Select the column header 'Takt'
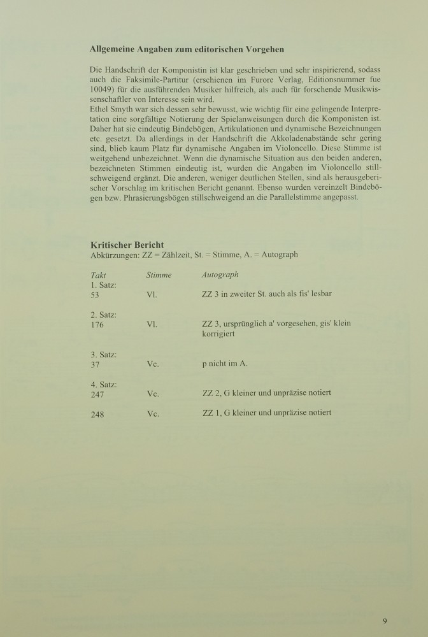99,275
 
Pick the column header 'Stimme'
159,275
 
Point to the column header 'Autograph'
220,275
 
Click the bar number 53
97,295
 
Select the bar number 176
99,324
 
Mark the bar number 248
99,413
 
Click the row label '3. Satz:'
104,354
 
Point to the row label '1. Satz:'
104,285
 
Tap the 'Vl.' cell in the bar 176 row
152,324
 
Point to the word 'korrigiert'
220,334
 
